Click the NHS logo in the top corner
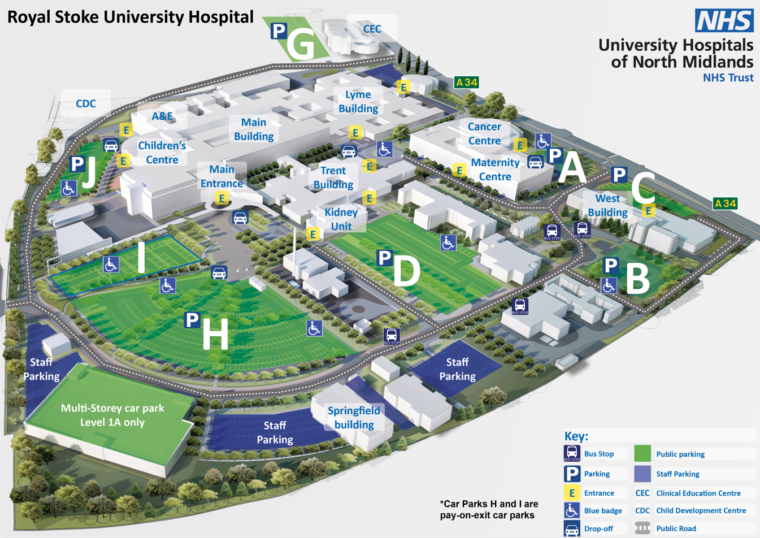[724, 20]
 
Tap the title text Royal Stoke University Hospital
[130, 17]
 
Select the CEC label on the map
[372, 29]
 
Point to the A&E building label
[162, 116]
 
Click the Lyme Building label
[358, 102]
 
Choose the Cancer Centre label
[484, 134]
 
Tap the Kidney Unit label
[341, 219]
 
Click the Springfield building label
[354, 418]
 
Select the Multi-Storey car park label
[112, 415]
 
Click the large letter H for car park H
[215, 334]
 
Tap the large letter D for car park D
[406, 271]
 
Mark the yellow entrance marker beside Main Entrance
[222, 198]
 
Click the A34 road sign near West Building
[725, 203]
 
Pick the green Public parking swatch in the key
[642, 454]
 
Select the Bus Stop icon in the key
[572, 453]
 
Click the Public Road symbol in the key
[642, 528]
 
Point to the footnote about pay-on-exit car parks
[489, 509]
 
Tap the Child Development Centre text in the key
[701, 510]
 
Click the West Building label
[607, 205]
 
